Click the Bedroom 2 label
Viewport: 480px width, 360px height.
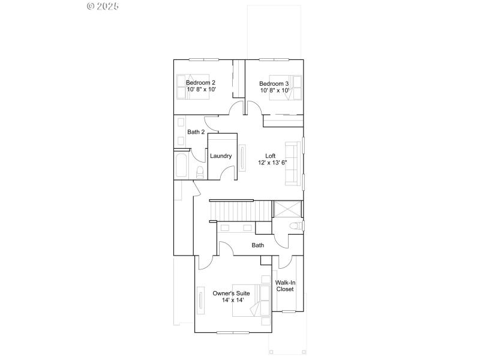point(200,82)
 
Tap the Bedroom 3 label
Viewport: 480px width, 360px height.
point(274,83)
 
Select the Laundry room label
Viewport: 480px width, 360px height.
point(221,156)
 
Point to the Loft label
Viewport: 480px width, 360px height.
point(270,155)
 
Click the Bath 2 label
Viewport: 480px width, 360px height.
point(196,132)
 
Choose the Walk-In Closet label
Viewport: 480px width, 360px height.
point(284,286)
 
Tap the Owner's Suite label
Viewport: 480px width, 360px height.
point(231,293)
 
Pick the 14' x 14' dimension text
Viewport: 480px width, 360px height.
point(231,301)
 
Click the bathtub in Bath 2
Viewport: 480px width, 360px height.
point(181,165)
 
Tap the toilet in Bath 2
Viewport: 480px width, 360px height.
point(200,172)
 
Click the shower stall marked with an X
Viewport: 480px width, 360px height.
point(288,209)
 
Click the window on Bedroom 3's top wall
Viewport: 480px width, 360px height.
point(276,59)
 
